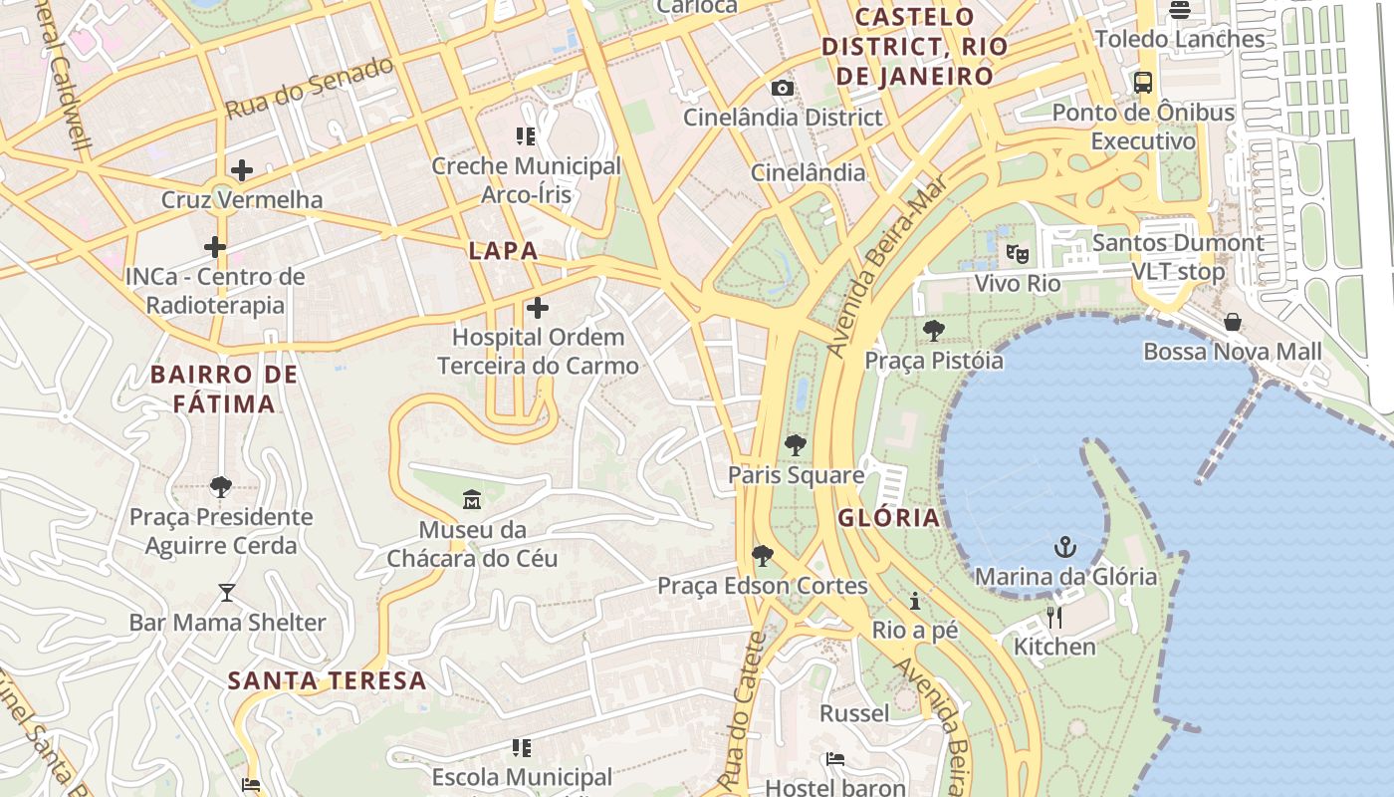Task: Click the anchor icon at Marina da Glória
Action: pyautogui.click(x=1065, y=547)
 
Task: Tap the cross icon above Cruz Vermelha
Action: pyautogui.click(x=241, y=170)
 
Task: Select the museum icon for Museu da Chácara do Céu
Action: pyautogui.click(x=472, y=499)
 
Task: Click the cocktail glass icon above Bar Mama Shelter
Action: pyautogui.click(x=227, y=593)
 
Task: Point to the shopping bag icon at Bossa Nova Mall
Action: pyautogui.click(x=1233, y=322)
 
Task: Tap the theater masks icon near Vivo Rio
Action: pyautogui.click(x=1017, y=254)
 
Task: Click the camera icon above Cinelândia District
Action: pyautogui.click(x=783, y=88)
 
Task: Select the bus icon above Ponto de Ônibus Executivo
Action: pyautogui.click(x=1143, y=83)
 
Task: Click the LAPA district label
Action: pyautogui.click(x=503, y=251)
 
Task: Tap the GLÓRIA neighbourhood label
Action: pyautogui.click(x=888, y=517)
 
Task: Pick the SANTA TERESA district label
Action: pyautogui.click(x=328, y=681)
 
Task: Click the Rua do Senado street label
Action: pyautogui.click(x=310, y=89)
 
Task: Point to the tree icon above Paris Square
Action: pyautogui.click(x=795, y=445)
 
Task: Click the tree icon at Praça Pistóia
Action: pyautogui.click(x=934, y=331)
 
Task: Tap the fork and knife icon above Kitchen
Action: pyautogui.click(x=1054, y=618)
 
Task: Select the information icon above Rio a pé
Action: pyautogui.click(x=915, y=601)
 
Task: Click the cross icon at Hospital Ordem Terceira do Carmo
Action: pyautogui.click(x=538, y=308)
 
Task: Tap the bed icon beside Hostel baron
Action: pyautogui.click(x=835, y=760)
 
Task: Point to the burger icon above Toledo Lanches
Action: pyautogui.click(x=1180, y=10)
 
